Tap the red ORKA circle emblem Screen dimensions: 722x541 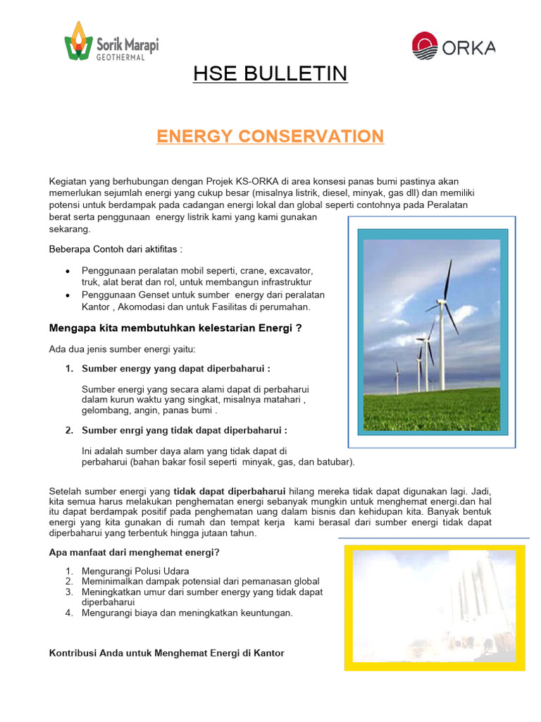pos(425,47)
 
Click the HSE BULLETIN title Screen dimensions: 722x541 pos(270,73)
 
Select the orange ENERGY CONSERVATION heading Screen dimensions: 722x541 pos(270,136)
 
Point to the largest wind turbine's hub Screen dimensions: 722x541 pos(443,303)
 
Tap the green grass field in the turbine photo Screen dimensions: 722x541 pos(431,412)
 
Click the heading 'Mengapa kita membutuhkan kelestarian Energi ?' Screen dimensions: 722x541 pos(175,328)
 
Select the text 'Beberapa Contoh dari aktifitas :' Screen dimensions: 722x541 pos(116,249)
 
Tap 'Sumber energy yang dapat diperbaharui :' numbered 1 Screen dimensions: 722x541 pos(176,369)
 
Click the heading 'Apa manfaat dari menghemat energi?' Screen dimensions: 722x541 pos(134,552)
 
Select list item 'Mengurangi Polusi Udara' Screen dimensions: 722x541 pos(135,570)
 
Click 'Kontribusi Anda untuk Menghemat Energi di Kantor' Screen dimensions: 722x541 pos(166,654)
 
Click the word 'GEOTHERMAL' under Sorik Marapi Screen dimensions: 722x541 pos(120,58)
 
